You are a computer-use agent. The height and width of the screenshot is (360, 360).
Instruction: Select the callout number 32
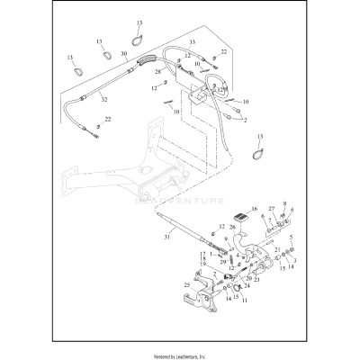[103, 99]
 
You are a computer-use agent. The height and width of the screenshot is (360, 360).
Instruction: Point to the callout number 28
[158, 70]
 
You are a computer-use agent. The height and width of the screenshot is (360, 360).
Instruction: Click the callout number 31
[166, 237]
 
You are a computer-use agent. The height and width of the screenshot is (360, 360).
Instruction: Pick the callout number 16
[254, 208]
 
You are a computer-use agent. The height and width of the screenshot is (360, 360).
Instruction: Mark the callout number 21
[278, 247]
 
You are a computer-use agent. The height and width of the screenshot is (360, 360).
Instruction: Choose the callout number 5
[290, 238]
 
